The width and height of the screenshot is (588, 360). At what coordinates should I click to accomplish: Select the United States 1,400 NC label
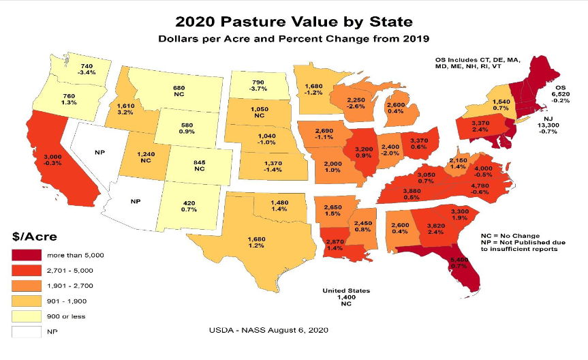pyautogui.click(x=346, y=297)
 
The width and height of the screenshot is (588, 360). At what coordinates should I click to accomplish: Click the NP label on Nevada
pyautogui.click(x=98, y=153)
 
